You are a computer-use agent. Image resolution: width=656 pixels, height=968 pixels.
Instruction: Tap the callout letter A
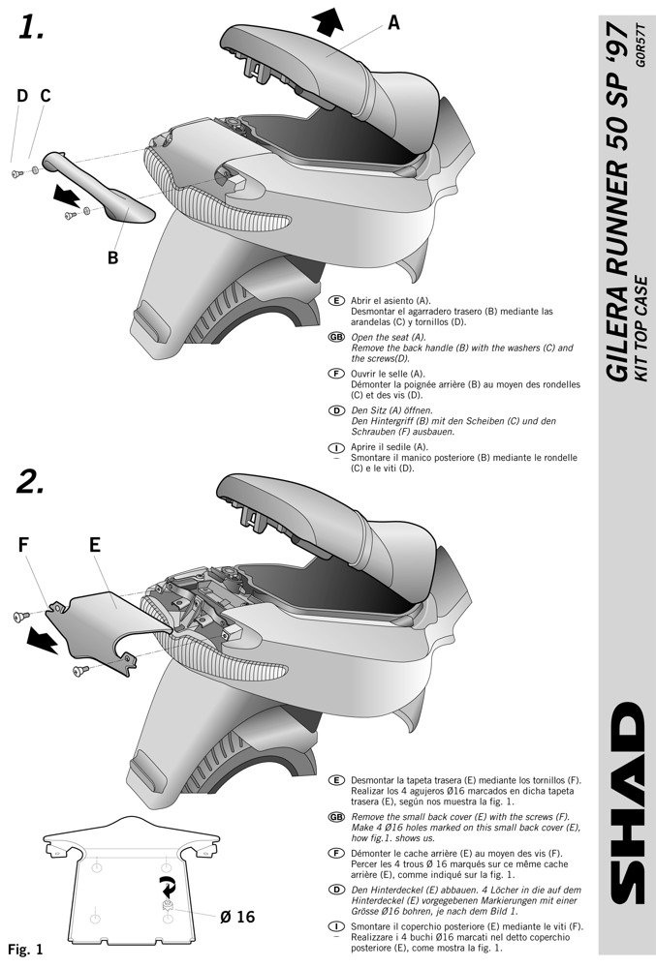pyautogui.click(x=393, y=25)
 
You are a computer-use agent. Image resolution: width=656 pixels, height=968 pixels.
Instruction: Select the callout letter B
pyautogui.click(x=112, y=258)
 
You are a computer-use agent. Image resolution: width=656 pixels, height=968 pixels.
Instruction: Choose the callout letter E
pyautogui.click(x=95, y=545)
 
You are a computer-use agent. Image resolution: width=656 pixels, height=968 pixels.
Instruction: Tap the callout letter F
pyautogui.click(x=24, y=545)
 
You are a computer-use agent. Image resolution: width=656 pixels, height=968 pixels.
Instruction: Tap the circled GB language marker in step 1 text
pyautogui.click(x=336, y=337)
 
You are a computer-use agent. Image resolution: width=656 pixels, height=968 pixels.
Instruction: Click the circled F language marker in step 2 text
pyautogui.click(x=336, y=853)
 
